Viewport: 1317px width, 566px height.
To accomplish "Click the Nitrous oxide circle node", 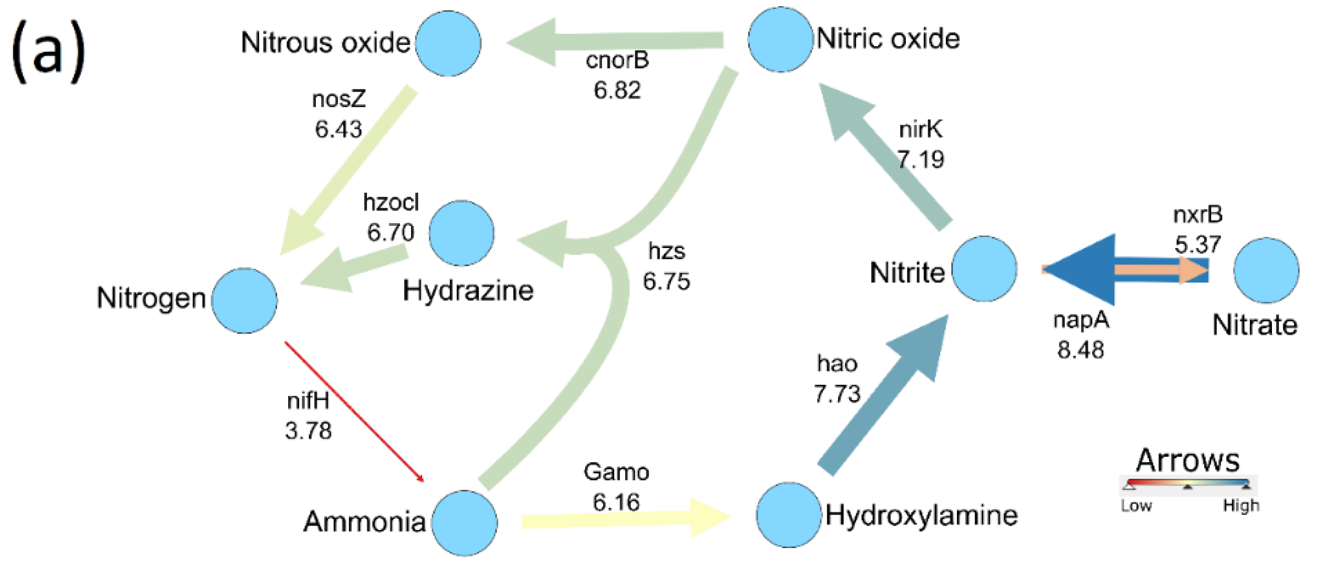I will (448, 44).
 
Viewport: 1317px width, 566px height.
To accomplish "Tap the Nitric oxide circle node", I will (780, 39).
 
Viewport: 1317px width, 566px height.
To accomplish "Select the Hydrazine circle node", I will (462, 233).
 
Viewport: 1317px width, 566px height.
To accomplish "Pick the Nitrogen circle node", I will (245, 301).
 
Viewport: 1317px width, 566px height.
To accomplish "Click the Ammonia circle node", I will (464, 523).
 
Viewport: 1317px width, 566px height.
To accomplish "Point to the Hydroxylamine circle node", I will (788, 515).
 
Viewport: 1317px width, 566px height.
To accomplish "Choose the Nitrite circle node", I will (984, 268).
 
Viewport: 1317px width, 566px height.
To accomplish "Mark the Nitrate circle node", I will (1266, 270).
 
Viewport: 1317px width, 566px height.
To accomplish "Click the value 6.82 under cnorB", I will (617, 91).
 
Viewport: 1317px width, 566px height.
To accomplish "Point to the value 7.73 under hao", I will (837, 394).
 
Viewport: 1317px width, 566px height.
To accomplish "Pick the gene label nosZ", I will (339, 99).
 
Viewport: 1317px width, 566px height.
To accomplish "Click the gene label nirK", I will (920, 130).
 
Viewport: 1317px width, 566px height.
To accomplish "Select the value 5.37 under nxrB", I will (1198, 245).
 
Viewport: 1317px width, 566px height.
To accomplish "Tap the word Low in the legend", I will (1136, 506).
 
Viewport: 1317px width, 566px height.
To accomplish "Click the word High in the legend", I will (1241, 506).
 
